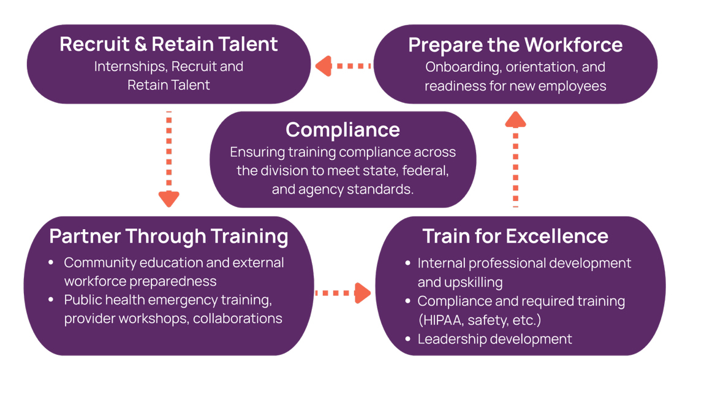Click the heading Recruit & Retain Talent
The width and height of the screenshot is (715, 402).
(x=168, y=44)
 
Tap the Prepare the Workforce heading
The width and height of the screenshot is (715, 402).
(x=515, y=45)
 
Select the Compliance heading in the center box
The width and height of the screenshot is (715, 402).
(x=342, y=129)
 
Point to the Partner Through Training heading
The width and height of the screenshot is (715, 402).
(x=168, y=236)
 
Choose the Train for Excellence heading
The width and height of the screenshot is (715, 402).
(x=515, y=236)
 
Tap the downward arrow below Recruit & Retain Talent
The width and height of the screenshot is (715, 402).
(x=168, y=159)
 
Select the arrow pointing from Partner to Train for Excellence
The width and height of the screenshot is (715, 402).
(x=343, y=293)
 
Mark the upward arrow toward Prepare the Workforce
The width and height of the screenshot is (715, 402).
(x=516, y=159)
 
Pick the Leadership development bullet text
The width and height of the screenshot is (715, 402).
(x=494, y=339)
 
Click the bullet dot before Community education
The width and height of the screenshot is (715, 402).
(x=51, y=263)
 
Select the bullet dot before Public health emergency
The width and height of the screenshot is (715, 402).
(x=51, y=300)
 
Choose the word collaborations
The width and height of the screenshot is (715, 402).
(x=238, y=319)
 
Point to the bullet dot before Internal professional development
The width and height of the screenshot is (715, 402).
(x=408, y=264)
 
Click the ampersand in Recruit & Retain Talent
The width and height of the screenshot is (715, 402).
(x=139, y=44)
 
